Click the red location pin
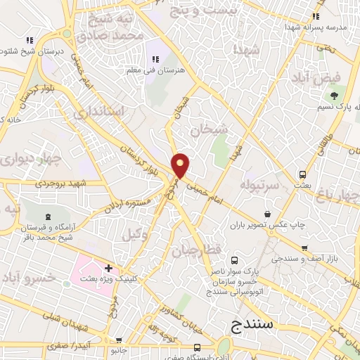pyautogui.click(x=181, y=165)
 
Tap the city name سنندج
pyautogui.click(x=259, y=325)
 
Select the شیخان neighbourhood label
pyautogui.click(x=209, y=129)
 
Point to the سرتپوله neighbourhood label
pyautogui.click(x=259, y=184)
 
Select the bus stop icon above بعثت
pyautogui.click(x=302, y=174)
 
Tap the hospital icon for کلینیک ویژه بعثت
pyautogui.click(x=108, y=268)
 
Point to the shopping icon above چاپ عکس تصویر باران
pyautogui.click(x=267, y=214)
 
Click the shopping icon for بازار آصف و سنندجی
pyautogui.click(x=304, y=247)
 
